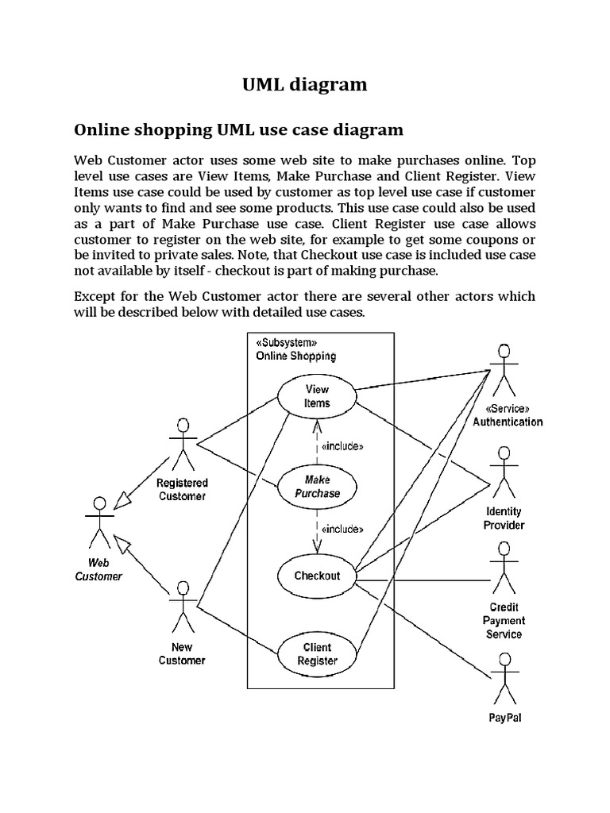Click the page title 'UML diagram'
pyautogui.click(x=305, y=85)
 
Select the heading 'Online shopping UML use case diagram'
pyautogui.click(x=238, y=129)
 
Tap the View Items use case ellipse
pyautogui.click(x=317, y=396)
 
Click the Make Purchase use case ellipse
pyautogui.click(x=317, y=487)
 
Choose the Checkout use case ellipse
pyautogui.click(x=317, y=576)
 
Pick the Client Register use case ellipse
pyautogui.click(x=317, y=653)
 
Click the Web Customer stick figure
pyautogui.click(x=99, y=524)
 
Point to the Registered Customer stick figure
pyautogui.click(x=183, y=442)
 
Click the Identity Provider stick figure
pyautogui.click(x=503, y=472)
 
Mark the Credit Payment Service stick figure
pyautogui.click(x=503, y=567)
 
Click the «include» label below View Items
pyautogui.click(x=342, y=446)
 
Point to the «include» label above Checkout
pyautogui.click(x=342, y=529)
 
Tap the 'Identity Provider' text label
pyautogui.click(x=504, y=518)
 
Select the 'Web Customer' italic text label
pyautogui.click(x=98, y=569)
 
